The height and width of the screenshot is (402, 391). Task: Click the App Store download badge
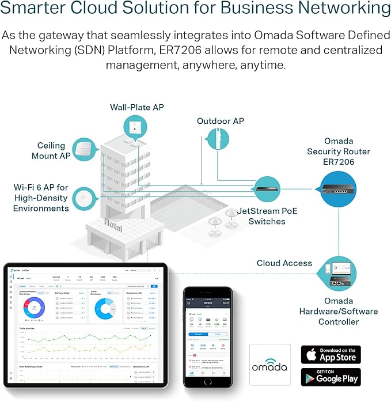[331, 354]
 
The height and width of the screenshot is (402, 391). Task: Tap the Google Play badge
[331, 377]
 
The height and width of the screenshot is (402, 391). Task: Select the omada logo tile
[269, 365]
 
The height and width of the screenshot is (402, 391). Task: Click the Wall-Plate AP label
[137, 108]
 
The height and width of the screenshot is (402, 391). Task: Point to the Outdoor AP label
[221, 121]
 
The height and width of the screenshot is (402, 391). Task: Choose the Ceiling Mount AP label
[51, 151]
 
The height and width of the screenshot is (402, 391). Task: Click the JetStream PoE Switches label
[267, 216]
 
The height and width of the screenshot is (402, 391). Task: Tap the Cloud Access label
[284, 263]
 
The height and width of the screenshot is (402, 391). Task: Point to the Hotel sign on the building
[113, 225]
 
